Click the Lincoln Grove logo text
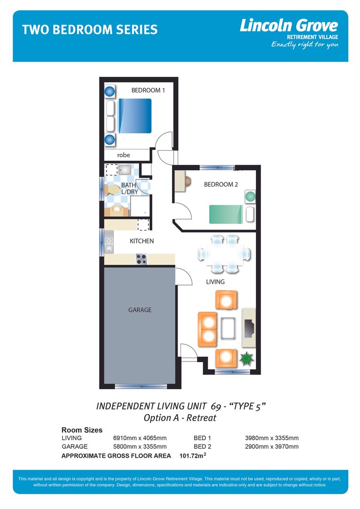coord(288,25)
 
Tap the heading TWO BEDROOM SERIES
coord(90,30)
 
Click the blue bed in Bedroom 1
coord(135,115)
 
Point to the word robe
coord(123,155)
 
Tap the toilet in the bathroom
coord(112,189)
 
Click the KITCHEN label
coord(142,241)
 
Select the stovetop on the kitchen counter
coord(141,259)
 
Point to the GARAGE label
coord(140,310)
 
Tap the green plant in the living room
coord(245,359)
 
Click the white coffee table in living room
coord(228,328)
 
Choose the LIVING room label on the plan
coord(215,282)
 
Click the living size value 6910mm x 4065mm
coord(140,438)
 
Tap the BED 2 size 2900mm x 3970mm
coord(271,446)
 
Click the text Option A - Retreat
coord(180,418)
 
